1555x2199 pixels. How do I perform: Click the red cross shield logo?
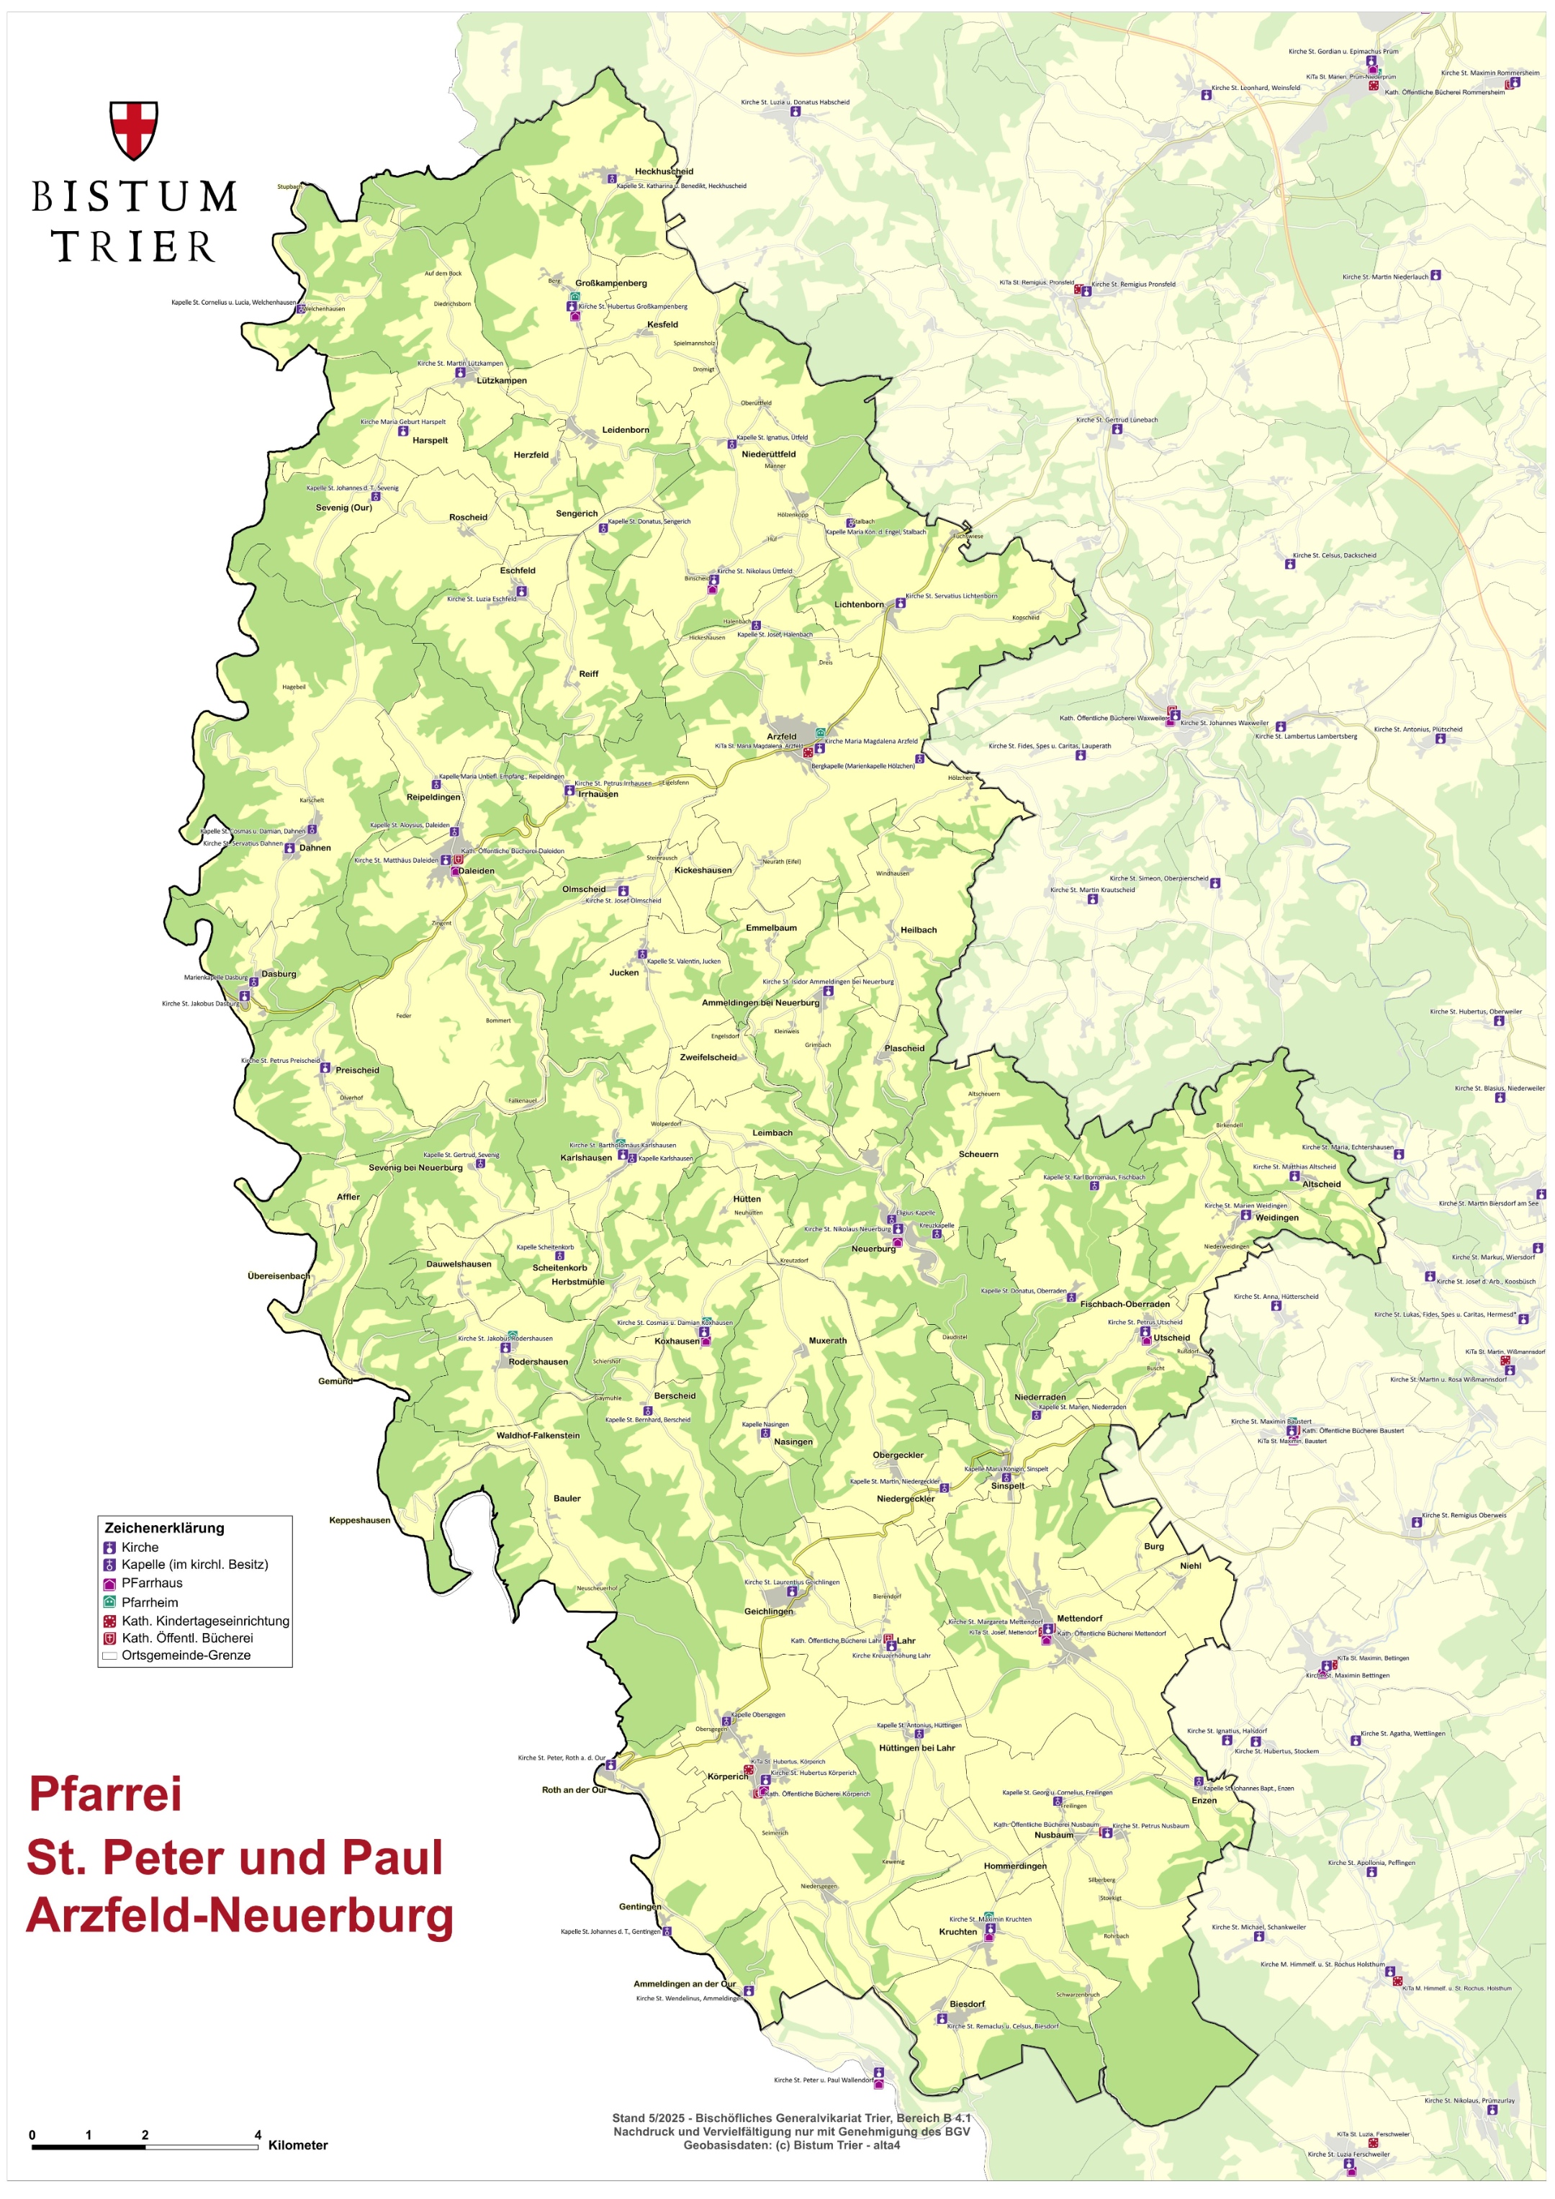(x=133, y=130)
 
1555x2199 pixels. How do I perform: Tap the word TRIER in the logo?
(x=133, y=246)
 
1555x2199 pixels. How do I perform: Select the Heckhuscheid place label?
(x=664, y=171)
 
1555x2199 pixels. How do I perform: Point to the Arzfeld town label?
(x=781, y=737)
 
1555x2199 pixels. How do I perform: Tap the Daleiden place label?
(x=476, y=871)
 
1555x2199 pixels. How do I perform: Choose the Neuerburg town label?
(x=873, y=1249)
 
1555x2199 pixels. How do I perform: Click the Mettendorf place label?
(x=1079, y=1619)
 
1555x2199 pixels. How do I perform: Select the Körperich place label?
(x=728, y=1776)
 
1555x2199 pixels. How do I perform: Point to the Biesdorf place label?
(x=966, y=2004)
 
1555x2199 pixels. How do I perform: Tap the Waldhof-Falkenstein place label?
(x=537, y=1436)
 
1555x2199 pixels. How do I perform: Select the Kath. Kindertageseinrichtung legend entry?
(x=205, y=1621)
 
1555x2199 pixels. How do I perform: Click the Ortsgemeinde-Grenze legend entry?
(x=186, y=1655)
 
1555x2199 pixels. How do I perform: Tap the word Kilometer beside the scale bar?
(x=298, y=2146)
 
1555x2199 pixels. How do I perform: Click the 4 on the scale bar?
(x=258, y=2135)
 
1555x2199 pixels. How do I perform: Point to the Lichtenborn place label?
(x=859, y=604)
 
